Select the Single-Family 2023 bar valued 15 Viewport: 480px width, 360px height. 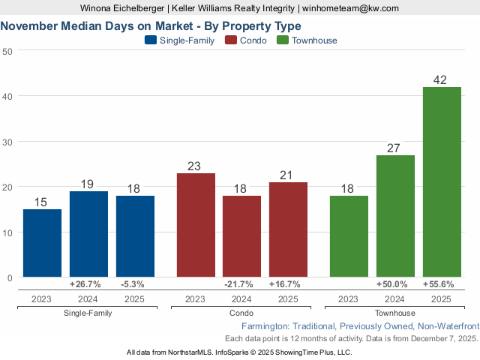[x=42, y=243]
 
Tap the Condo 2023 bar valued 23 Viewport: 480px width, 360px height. [x=195, y=225]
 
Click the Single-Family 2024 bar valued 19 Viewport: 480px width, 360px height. [x=88, y=234]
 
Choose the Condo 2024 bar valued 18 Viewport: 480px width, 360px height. [x=241, y=236]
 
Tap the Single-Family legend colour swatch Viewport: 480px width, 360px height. [x=151, y=40]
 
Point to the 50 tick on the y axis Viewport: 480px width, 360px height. [x=7, y=51]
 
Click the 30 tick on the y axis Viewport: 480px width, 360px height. [x=7, y=142]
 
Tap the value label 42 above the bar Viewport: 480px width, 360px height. [x=442, y=79]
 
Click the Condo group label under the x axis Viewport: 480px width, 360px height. [x=241, y=313]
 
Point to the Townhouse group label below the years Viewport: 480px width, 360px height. [x=394, y=313]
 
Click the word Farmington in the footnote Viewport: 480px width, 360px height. [x=265, y=327]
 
